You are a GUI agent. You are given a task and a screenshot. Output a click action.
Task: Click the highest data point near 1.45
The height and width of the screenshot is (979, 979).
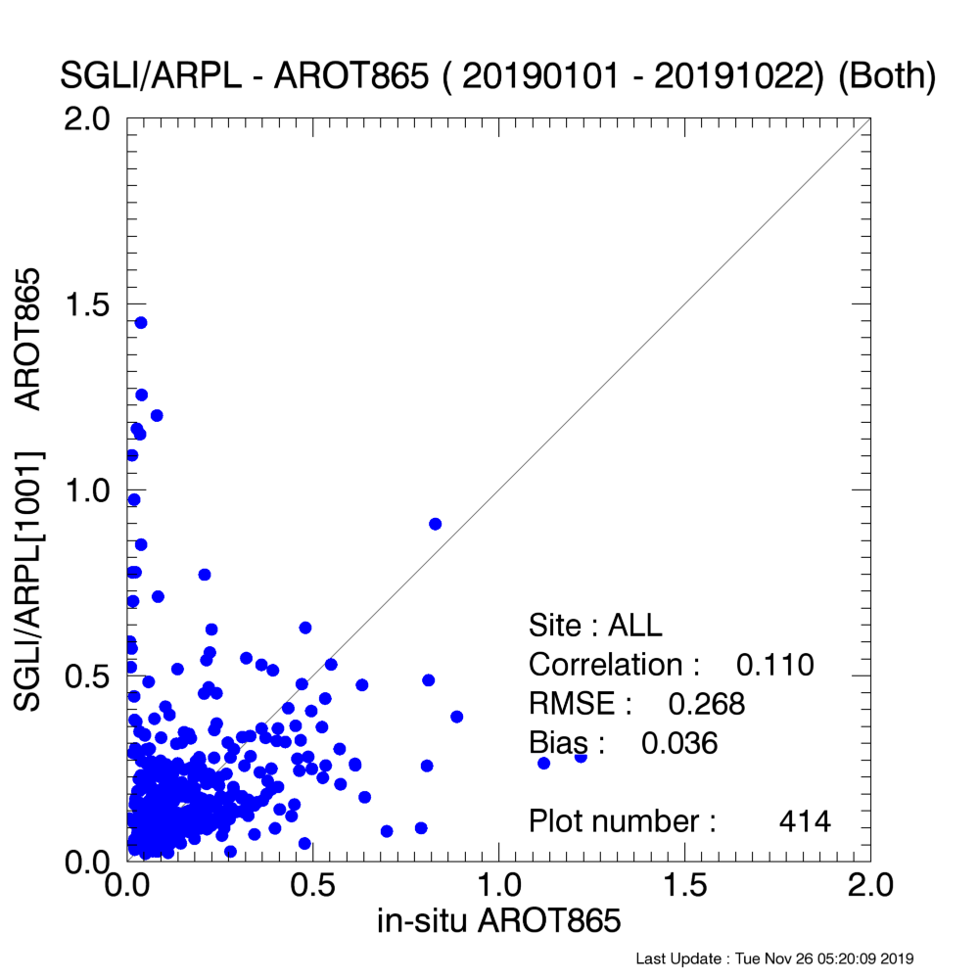point(141,323)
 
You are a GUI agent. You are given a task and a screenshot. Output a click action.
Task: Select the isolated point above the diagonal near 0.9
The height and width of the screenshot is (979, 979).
point(436,524)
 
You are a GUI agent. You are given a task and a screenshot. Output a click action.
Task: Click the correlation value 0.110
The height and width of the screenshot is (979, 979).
point(774,665)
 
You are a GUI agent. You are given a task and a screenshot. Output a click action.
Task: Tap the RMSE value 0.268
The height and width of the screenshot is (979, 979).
point(706,704)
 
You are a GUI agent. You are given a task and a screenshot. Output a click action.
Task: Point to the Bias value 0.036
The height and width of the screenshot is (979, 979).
point(679,744)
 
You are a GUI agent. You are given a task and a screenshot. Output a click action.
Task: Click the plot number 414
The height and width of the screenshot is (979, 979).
point(805,821)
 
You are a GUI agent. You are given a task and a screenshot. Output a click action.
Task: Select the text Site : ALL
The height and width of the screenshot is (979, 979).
point(595,626)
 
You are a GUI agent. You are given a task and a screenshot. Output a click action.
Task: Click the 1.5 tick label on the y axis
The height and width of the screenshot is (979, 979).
point(87,304)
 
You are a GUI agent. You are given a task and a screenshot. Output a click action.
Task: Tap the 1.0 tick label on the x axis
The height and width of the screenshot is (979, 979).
point(499,886)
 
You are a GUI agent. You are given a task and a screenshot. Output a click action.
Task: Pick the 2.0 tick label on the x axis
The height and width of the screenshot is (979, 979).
point(870,886)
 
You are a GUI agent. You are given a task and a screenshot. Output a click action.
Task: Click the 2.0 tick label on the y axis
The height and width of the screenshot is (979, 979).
point(87,118)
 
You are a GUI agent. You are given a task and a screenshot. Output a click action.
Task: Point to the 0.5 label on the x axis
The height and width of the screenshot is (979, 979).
point(313,886)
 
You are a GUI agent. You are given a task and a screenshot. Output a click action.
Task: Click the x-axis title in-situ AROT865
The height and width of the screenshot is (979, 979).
point(499,920)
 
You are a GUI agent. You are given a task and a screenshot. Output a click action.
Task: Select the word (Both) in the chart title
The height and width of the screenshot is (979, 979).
point(887,76)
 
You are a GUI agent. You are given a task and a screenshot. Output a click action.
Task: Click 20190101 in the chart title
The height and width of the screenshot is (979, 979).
point(540,76)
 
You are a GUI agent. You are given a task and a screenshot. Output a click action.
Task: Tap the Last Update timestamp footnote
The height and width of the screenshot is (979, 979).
point(774,958)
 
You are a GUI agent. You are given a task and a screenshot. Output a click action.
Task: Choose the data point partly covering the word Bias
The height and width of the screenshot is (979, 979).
point(581,757)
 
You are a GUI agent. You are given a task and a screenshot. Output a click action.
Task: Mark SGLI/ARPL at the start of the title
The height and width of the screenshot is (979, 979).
point(151,76)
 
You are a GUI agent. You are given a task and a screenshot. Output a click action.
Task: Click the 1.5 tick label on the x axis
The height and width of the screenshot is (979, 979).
point(685,886)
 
